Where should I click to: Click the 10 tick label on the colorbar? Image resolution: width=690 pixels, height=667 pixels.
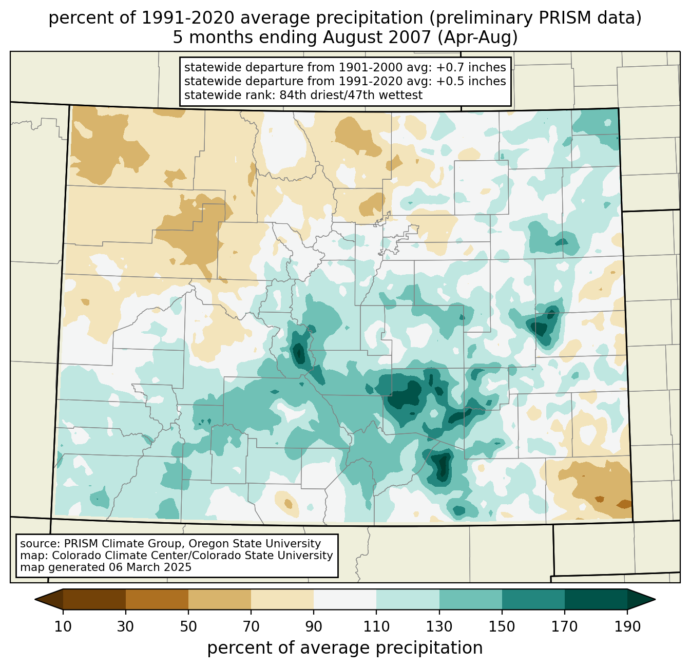63,627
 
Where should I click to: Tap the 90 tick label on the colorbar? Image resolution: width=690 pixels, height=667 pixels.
314,627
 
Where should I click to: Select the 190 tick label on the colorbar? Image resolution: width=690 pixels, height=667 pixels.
627,627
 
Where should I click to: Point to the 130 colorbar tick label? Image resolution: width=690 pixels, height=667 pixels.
439,627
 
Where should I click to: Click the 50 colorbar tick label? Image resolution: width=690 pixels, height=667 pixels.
188,627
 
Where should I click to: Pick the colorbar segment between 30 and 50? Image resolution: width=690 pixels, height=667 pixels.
157,599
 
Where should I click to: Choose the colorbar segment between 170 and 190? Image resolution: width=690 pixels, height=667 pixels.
596,599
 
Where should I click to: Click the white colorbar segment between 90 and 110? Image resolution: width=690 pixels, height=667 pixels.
345,599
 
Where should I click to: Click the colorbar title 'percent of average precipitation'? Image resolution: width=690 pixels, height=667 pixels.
345,648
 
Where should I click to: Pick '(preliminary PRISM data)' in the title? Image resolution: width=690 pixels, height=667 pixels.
535,18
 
